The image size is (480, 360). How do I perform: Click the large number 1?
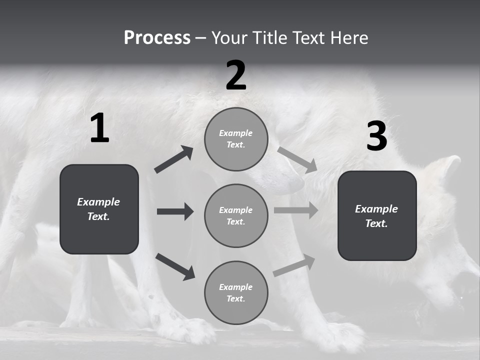pos(99,128)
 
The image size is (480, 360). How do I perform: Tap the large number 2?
pos(236,75)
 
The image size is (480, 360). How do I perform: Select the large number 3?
pos(376,136)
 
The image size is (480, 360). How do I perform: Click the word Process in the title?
pos(157,37)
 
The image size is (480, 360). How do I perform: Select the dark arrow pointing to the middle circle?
pos(175,211)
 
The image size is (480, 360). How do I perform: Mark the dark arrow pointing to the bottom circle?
pos(175,266)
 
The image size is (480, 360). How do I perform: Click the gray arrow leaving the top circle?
pos(297,159)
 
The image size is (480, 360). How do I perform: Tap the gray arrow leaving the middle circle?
pos(296,210)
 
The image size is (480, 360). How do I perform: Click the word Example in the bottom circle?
pos(236,287)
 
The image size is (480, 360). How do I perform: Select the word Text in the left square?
pos(99,216)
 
